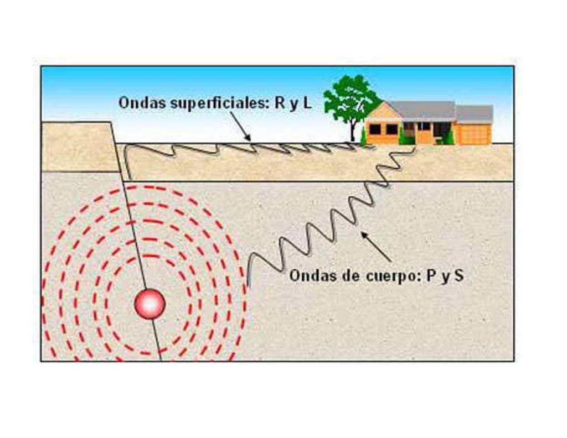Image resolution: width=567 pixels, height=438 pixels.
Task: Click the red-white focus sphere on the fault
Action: pyautogui.click(x=150, y=304)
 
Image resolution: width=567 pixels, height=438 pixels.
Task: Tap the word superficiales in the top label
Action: pyautogui.click(x=211, y=103)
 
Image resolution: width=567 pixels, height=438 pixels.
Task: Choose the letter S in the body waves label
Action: pyautogui.click(x=458, y=276)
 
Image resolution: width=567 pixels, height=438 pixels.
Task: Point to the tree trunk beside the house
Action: pyautogui.click(x=352, y=132)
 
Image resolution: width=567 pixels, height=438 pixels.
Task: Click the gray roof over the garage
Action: pyautogui.click(x=475, y=113)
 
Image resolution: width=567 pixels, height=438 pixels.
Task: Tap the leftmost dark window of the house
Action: pyautogui.click(x=375, y=129)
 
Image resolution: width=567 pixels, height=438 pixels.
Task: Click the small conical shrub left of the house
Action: pyautogui.click(x=363, y=136)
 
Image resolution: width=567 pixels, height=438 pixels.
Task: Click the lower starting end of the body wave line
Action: pyautogui.click(x=248, y=285)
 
